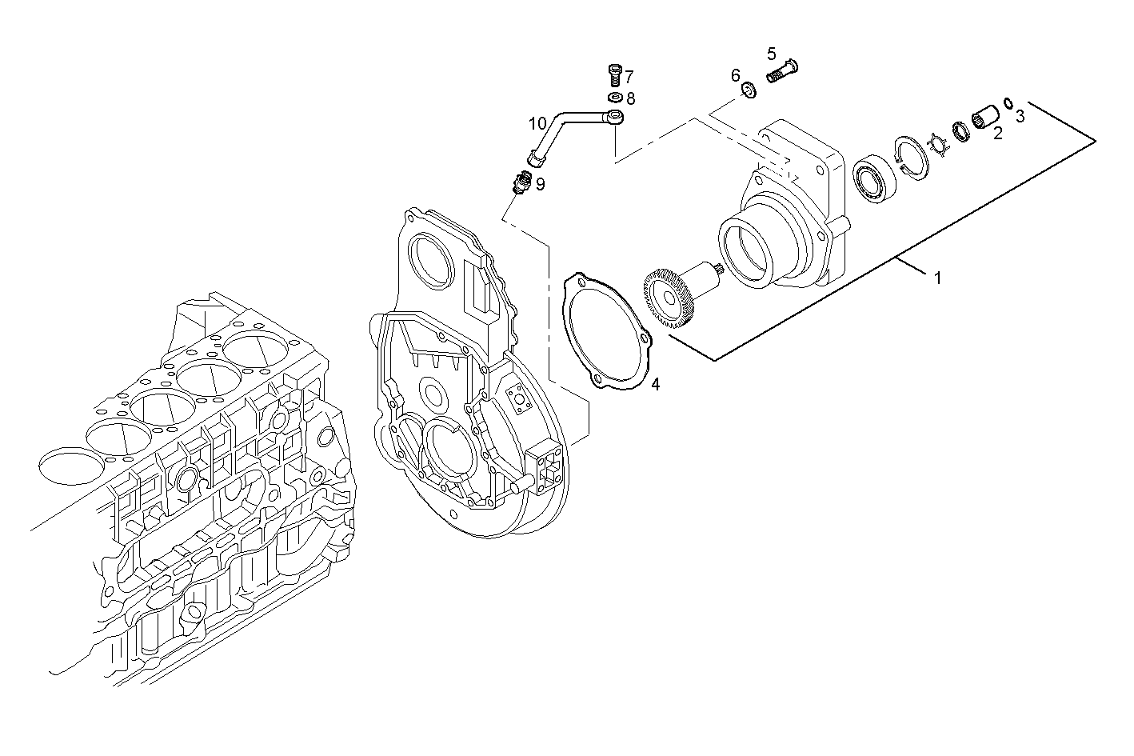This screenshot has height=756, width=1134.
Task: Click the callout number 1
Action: pyautogui.click(x=937, y=278)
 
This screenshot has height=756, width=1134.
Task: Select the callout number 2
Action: pyautogui.click(x=997, y=134)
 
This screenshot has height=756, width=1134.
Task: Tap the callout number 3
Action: pyautogui.click(x=1020, y=116)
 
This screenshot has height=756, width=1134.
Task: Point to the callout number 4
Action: pyautogui.click(x=655, y=384)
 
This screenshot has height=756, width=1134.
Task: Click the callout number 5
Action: pyautogui.click(x=771, y=54)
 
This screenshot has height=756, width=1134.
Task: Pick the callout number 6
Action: pyautogui.click(x=735, y=75)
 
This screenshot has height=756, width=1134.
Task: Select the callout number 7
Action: pyautogui.click(x=629, y=77)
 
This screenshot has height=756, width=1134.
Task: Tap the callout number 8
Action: pyautogui.click(x=630, y=98)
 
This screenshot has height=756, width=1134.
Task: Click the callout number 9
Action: pyautogui.click(x=541, y=185)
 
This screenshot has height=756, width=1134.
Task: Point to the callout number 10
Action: pyautogui.click(x=537, y=123)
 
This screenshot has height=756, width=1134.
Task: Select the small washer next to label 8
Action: pyautogui.click(x=615, y=98)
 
